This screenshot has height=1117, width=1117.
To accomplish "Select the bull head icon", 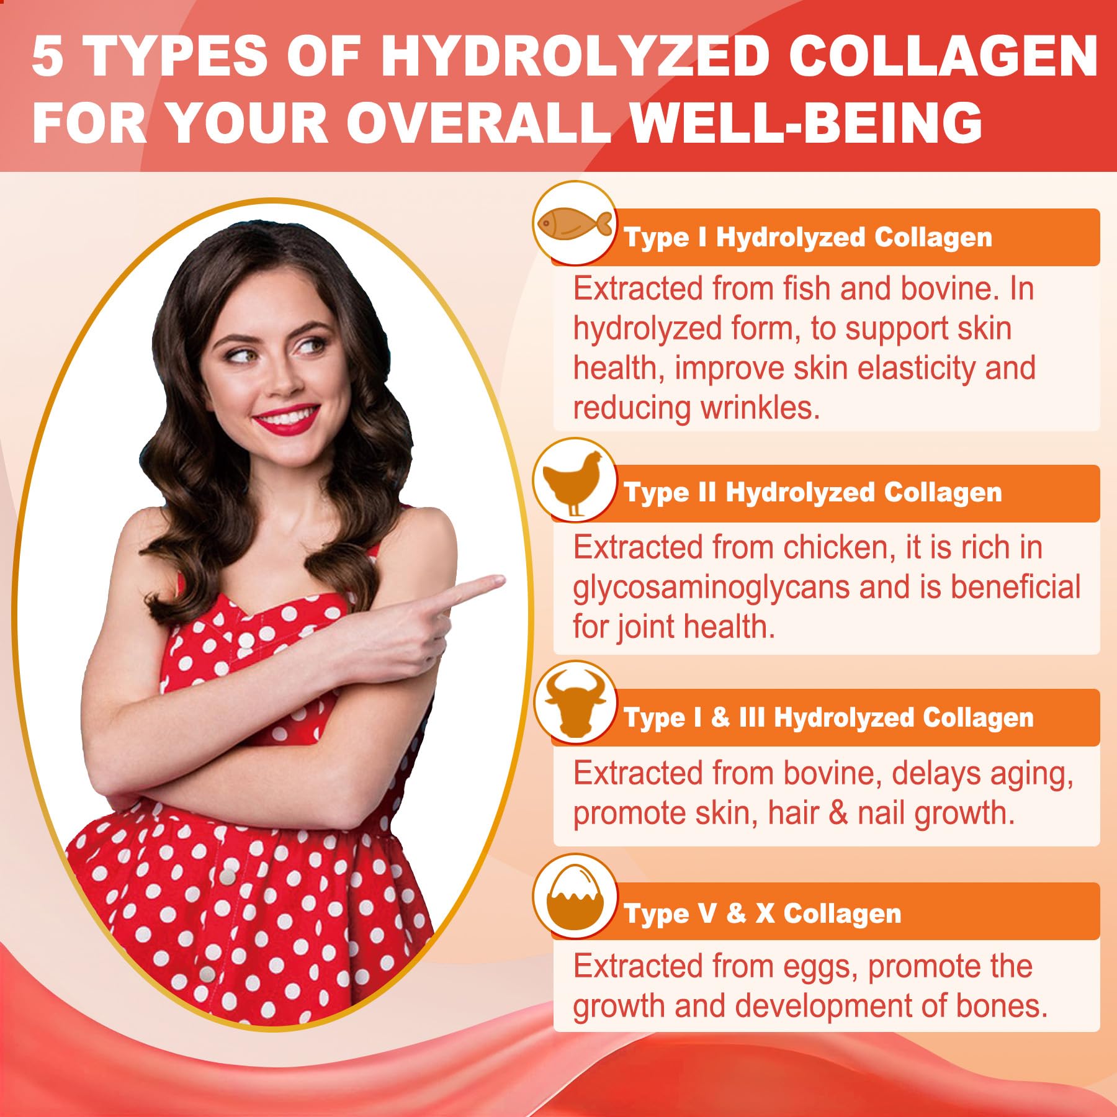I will [575, 702].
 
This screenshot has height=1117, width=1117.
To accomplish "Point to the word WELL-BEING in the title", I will [805, 122].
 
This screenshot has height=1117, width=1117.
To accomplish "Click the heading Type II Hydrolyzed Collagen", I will [812, 493].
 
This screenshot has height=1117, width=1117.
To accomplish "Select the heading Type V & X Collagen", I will [762, 913].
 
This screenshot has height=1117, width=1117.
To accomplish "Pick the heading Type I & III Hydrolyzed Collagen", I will [828, 717].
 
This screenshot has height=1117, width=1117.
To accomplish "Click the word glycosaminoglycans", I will [711, 588].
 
